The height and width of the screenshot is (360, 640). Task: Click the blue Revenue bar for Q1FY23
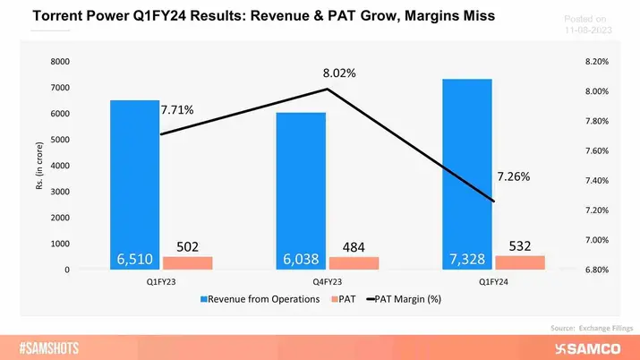click(134, 179)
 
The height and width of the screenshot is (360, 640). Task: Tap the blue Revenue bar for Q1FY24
click(467, 170)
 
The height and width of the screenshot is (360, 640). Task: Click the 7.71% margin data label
click(177, 110)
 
